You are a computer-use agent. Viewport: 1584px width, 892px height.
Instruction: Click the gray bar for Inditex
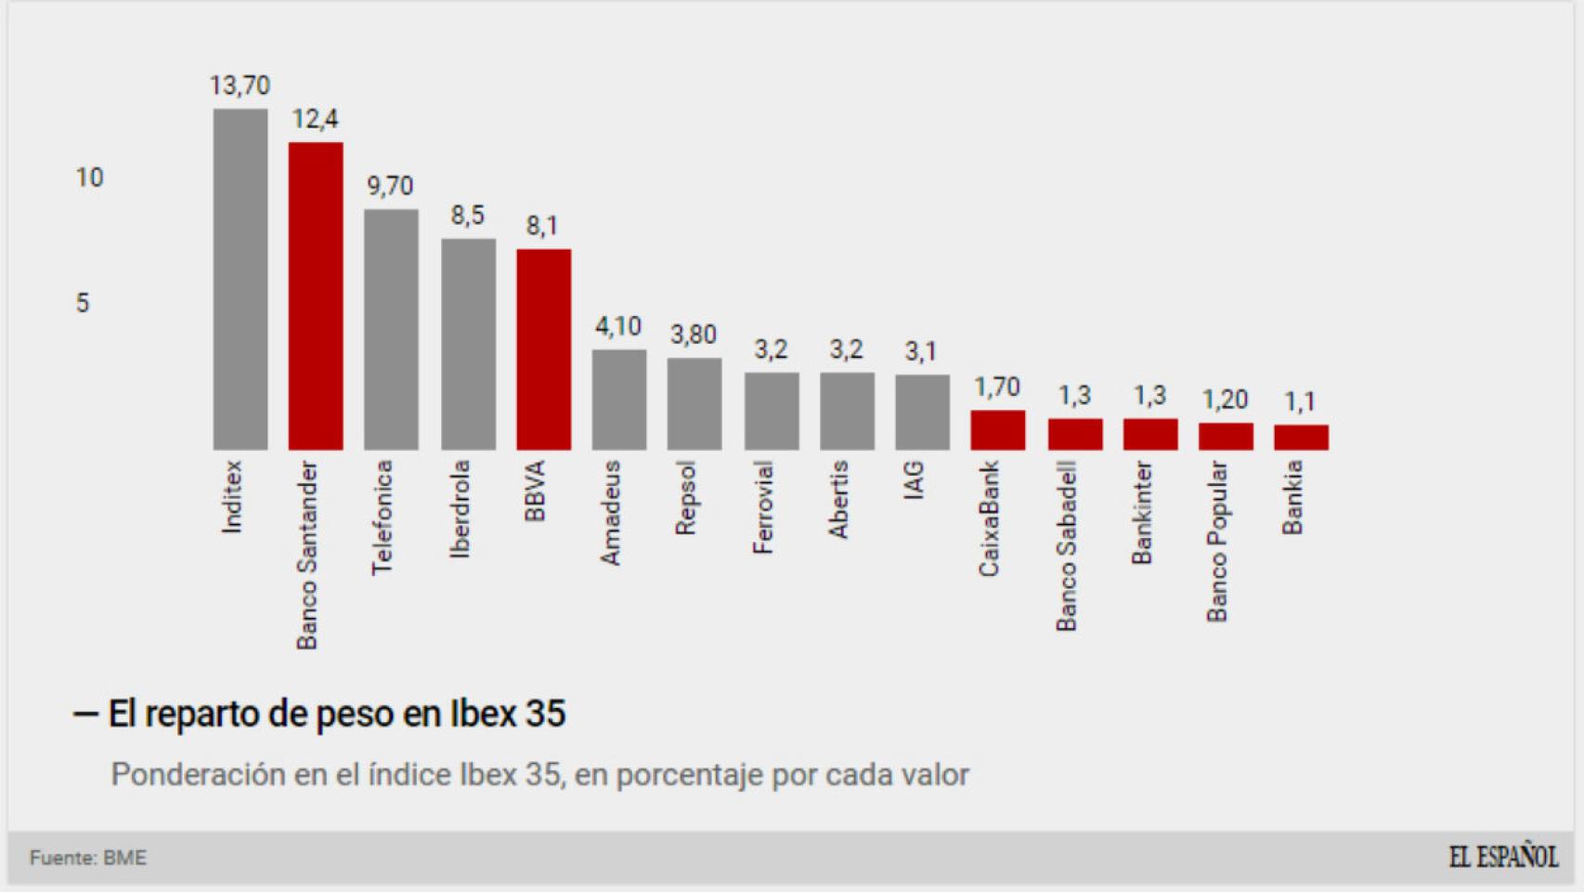(240, 279)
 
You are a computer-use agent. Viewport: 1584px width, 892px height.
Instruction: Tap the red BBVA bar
(544, 349)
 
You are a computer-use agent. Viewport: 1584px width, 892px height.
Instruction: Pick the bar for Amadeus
(619, 400)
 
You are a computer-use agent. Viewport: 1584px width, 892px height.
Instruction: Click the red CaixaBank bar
(998, 430)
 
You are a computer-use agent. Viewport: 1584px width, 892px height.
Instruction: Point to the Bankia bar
(1301, 437)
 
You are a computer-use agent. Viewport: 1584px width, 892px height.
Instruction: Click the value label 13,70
(240, 85)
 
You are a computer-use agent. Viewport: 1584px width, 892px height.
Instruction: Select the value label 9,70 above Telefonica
(390, 186)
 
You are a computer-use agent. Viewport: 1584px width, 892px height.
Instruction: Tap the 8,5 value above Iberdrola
(467, 216)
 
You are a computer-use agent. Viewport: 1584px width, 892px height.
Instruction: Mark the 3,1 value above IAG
(920, 351)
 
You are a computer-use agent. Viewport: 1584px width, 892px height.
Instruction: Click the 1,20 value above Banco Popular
(1225, 400)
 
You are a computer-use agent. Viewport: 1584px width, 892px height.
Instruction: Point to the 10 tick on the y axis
(89, 177)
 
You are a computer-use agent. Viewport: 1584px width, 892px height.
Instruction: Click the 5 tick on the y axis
(83, 303)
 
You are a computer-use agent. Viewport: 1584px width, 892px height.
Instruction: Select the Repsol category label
(685, 498)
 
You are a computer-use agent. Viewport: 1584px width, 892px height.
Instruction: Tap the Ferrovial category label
(762, 507)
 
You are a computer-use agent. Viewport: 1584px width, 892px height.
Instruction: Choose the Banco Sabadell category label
(1066, 545)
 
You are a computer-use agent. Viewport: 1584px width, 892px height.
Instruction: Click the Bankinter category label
(1141, 512)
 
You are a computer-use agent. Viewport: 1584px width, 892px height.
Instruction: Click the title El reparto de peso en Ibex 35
(336, 714)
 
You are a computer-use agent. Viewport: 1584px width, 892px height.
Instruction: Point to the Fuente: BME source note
(88, 858)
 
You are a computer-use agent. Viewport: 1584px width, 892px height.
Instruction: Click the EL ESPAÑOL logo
(1503, 857)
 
